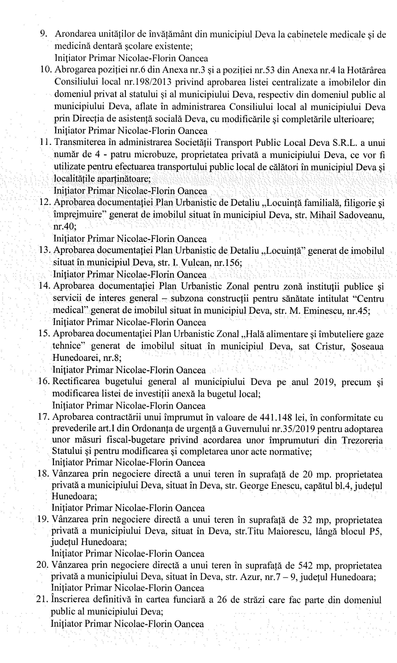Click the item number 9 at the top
pyautogui.click(x=44, y=34)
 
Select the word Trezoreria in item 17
pyautogui.click(x=362, y=440)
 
